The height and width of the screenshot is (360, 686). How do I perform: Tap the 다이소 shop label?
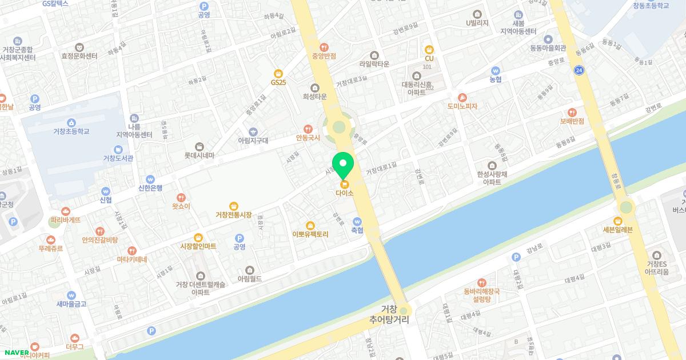click(345, 193)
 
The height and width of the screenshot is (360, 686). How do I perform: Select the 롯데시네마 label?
click(199, 155)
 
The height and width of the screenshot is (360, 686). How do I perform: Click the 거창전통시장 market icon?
click(233, 206)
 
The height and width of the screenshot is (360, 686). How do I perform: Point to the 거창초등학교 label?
click(71, 131)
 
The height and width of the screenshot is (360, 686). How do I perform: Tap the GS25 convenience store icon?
click(278, 73)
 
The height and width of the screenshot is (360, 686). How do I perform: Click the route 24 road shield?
click(580, 70)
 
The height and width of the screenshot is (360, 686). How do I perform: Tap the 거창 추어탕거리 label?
click(389, 315)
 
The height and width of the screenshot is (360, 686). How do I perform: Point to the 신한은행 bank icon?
click(150, 179)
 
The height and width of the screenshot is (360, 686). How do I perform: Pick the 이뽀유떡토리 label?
click(310, 234)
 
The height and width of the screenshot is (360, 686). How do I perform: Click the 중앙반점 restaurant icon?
click(324, 47)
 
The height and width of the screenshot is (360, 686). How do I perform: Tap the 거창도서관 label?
click(118, 158)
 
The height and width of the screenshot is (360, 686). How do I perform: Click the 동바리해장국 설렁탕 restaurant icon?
click(482, 282)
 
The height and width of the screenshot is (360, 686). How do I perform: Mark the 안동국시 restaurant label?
click(308, 138)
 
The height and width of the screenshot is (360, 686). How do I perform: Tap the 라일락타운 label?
click(374, 64)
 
